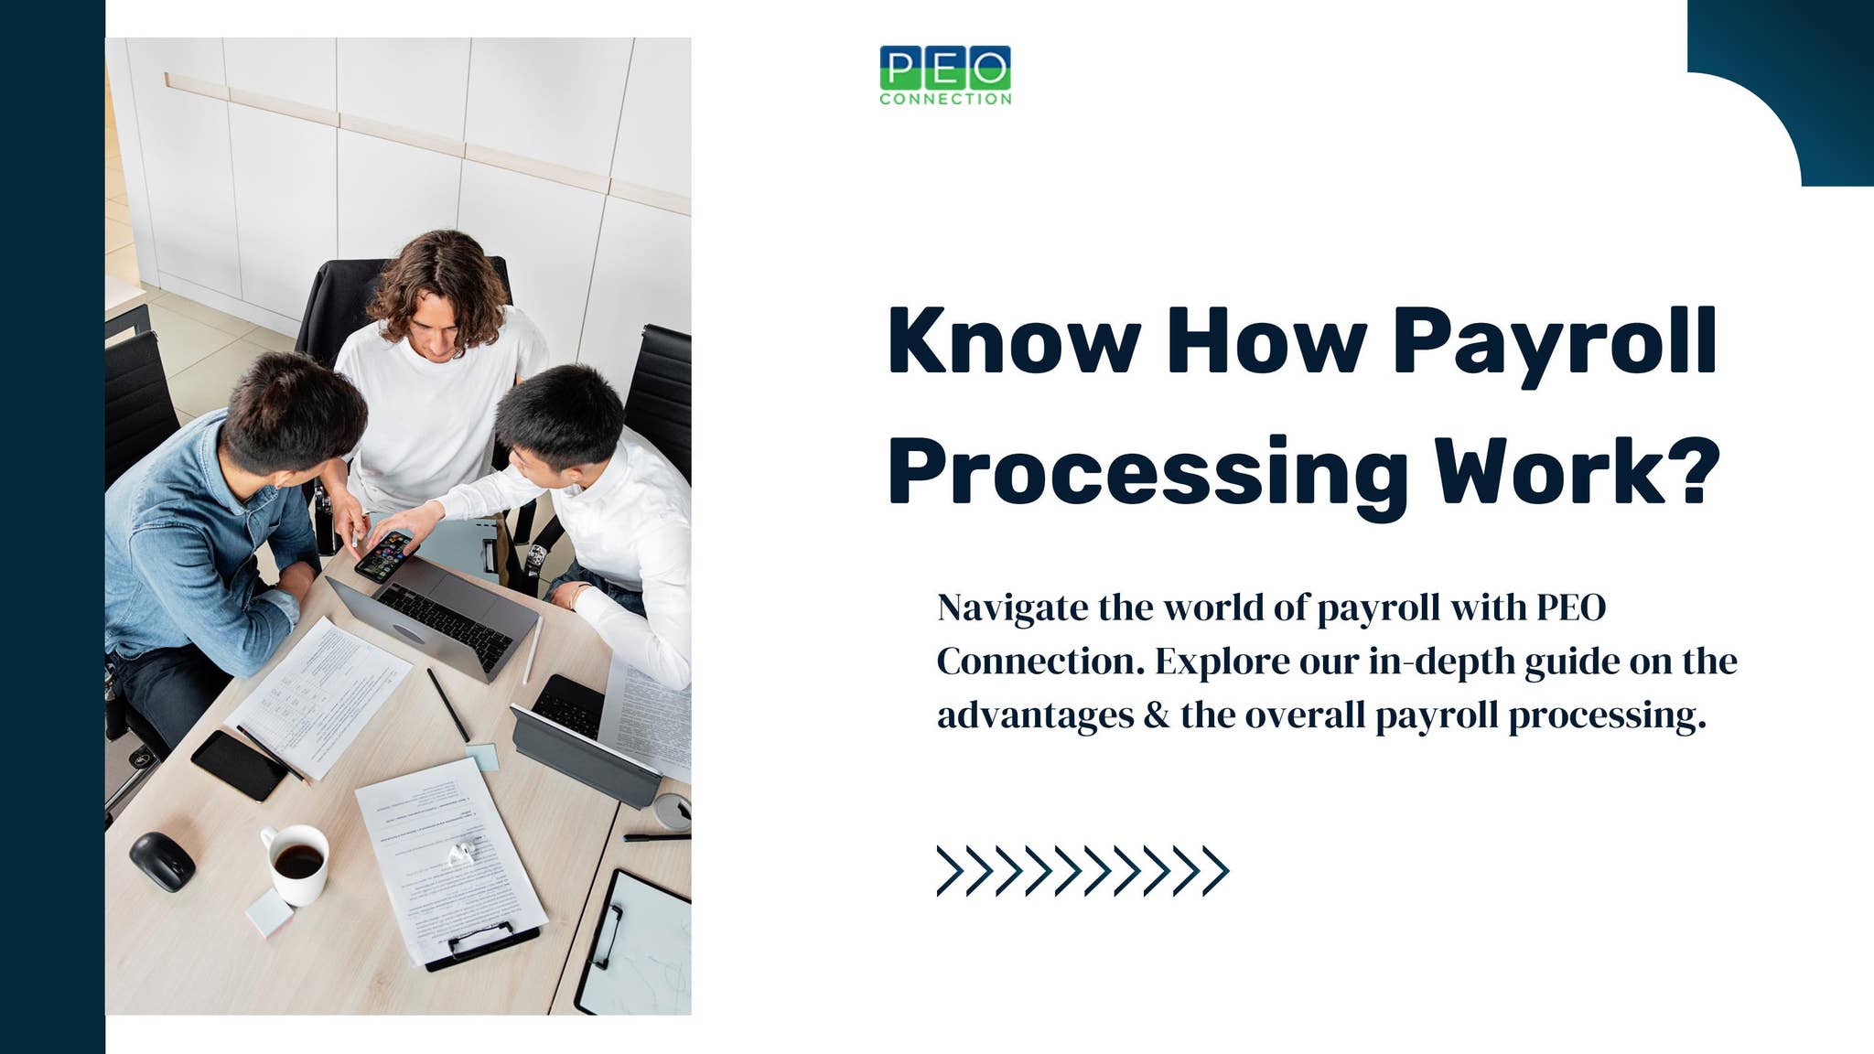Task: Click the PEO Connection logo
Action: [x=945, y=75]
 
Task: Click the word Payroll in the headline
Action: [x=1554, y=342]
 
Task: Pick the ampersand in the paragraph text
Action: [x=1157, y=715]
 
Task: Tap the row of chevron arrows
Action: [x=1082, y=870]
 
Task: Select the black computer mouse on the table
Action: [x=162, y=861]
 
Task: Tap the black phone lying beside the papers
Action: [x=239, y=764]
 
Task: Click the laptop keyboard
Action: [x=446, y=625]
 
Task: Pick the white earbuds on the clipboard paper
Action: [x=460, y=854]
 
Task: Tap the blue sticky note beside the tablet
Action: [x=482, y=756]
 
